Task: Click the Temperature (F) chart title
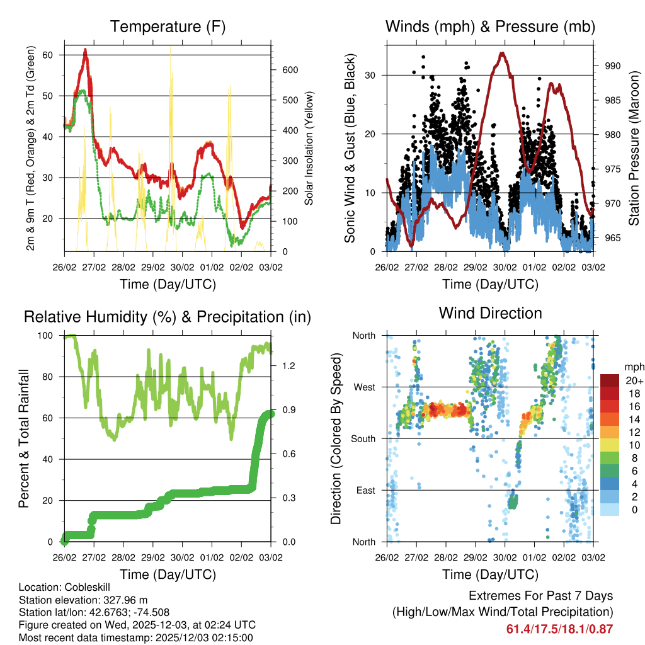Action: [168, 27]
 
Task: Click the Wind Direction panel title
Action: [490, 313]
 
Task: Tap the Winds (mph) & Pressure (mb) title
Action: [490, 27]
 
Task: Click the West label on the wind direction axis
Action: [364, 387]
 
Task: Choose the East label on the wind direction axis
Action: [365, 490]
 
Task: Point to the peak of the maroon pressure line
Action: [502, 53]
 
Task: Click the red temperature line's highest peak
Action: [85, 50]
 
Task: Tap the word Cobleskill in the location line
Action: [83, 587]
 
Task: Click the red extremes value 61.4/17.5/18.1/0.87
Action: [559, 629]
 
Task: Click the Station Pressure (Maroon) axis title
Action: [634, 148]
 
